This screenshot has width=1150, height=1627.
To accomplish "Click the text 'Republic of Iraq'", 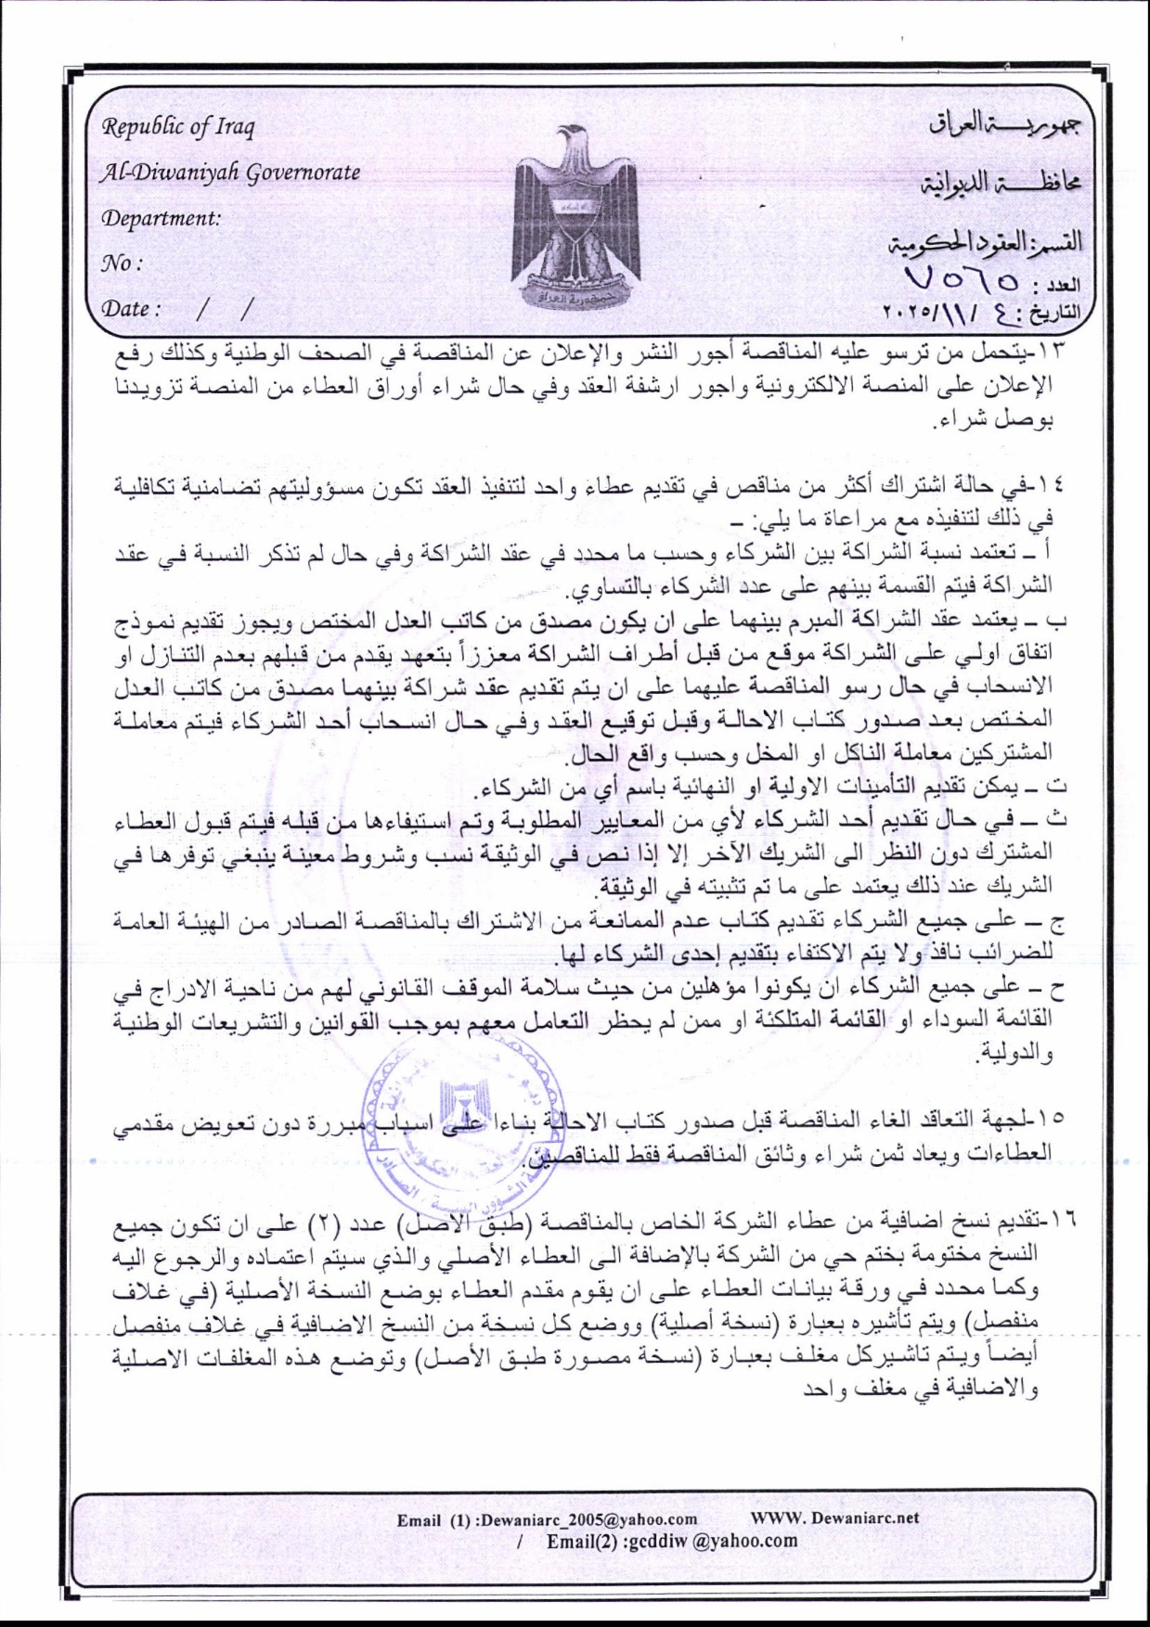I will (177, 126).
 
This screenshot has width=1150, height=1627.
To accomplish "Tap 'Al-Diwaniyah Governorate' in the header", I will (231, 172).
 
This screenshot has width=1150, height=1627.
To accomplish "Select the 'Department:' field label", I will (162, 218).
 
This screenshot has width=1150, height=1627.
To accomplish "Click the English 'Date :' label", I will (132, 308).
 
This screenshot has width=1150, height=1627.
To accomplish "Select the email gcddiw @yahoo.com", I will (672, 1541).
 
